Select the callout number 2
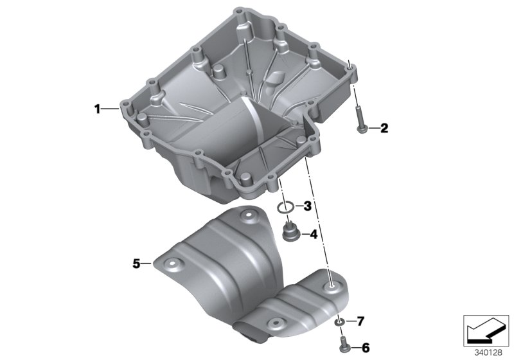coord(384,129)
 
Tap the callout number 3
coord(308,206)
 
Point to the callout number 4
coord(314,234)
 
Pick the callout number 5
coord(136,263)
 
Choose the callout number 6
coord(366,348)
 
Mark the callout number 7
coord(360,320)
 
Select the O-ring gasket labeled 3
coord(287,207)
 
